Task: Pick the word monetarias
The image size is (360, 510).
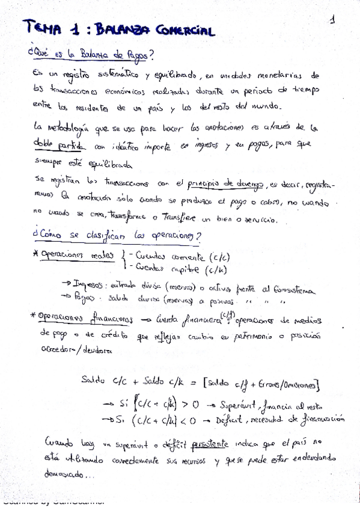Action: pyautogui.click(x=282, y=76)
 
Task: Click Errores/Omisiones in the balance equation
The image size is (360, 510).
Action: pyautogui.click(x=291, y=384)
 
